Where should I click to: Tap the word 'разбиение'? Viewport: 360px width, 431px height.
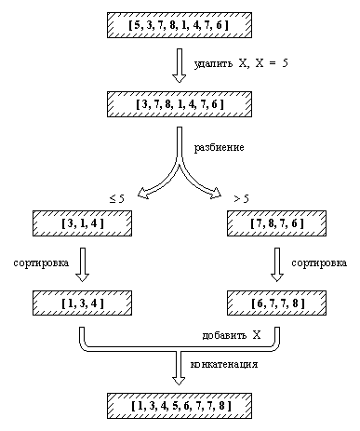(220, 147)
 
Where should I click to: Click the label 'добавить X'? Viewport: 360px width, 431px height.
(231, 333)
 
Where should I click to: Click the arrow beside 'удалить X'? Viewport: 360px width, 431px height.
(180, 64)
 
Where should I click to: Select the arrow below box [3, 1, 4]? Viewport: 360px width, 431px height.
(83, 263)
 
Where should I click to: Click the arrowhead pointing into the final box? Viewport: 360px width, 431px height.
(180, 379)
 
